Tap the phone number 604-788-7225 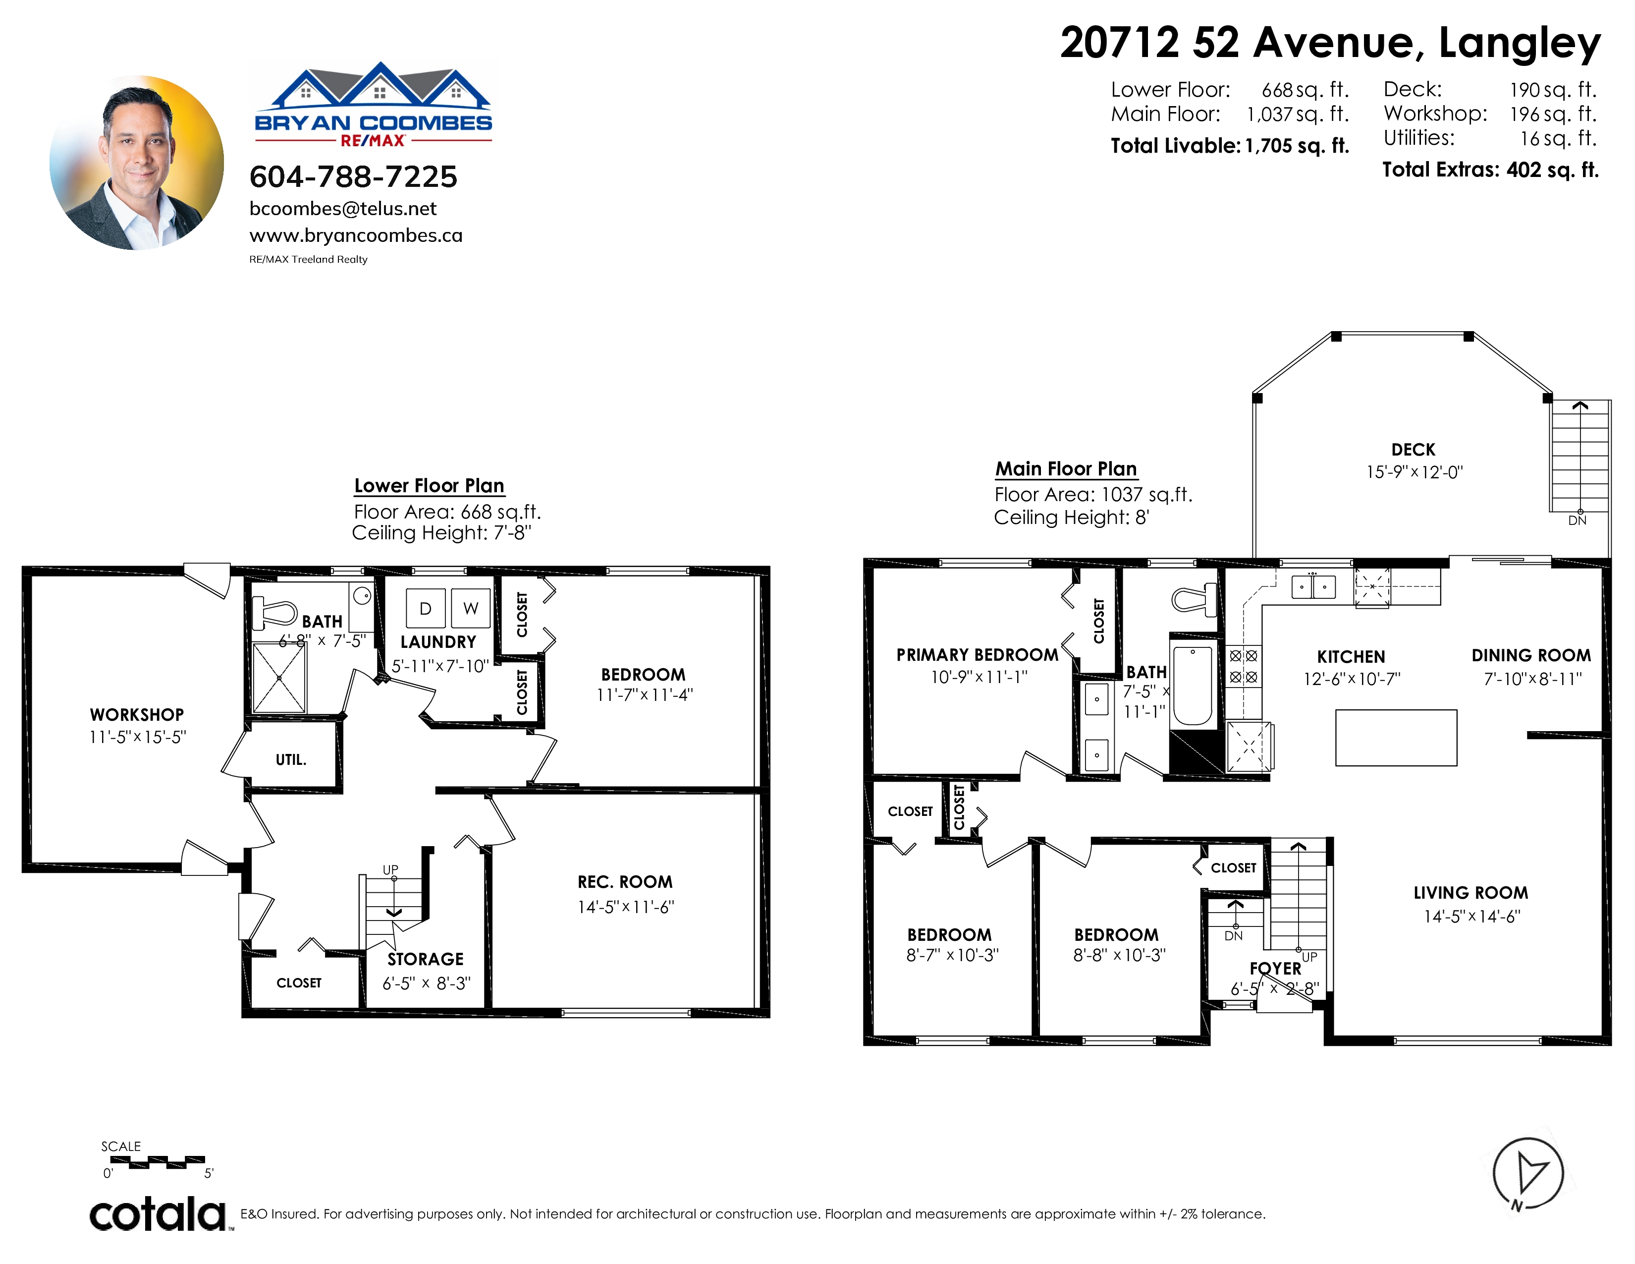[x=353, y=177]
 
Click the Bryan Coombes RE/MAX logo [x=374, y=105]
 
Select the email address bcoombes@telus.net [x=343, y=209]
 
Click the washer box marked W [x=471, y=608]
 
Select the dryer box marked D [x=425, y=608]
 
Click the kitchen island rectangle [x=1396, y=738]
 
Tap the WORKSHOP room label [x=137, y=714]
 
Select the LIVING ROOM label [x=1471, y=893]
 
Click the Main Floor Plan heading [x=1066, y=469]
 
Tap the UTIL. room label [x=291, y=759]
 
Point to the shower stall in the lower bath [x=279, y=678]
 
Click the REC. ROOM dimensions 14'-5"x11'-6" [x=626, y=907]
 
